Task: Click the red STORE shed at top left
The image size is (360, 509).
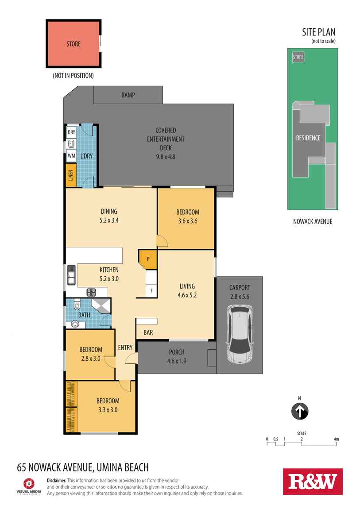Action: (74, 44)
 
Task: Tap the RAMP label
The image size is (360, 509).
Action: (128, 95)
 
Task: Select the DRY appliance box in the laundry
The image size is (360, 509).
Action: (71, 132)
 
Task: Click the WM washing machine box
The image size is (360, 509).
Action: (71, 156)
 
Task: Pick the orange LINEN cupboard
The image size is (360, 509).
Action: (71, 175)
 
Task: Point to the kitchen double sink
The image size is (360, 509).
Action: (71, 275)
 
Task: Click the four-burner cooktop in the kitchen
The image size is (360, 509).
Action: (91, 292)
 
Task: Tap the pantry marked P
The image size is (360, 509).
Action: (148, 259)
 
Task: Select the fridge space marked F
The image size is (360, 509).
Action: (151, 291)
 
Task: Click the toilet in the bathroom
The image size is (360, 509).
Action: (77, 305)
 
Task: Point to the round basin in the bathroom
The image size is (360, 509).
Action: (75, 324)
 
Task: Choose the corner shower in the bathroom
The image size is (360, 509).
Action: (101, 306)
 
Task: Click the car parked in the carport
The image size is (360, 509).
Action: (240, 335)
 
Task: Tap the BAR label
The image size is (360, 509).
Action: (148, 332)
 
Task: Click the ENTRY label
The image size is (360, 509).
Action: (125, 347)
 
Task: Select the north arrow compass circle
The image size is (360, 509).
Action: (300, 411)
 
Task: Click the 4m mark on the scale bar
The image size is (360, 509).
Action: (336, 439)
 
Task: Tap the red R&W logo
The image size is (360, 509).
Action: (313, 482)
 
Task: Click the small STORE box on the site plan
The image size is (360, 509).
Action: (298, 57)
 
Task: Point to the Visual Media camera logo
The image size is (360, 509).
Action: (29, 483)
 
